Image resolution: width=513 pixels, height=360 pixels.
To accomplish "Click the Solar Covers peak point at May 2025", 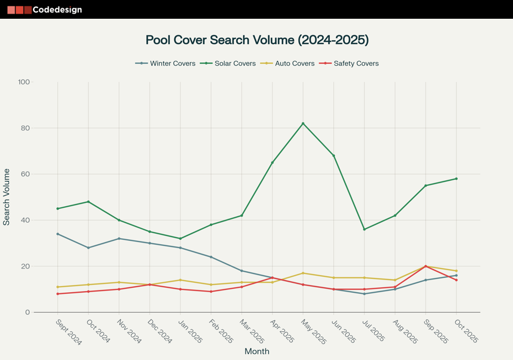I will tap(303, 123).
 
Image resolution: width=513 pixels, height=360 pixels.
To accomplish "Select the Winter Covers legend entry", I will tap(165, 63).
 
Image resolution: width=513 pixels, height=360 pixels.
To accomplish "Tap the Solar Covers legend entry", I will tap(228, 63).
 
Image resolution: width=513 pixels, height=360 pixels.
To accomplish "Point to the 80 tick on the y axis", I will tap(24, 128).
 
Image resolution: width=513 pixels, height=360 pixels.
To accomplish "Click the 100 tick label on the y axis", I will tap(24, 82).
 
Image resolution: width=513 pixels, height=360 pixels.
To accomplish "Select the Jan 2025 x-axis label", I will tap(190, 331).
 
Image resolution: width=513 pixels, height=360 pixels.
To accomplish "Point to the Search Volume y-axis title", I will tap(7, 197).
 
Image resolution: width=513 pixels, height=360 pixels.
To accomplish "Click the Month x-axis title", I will tap(257, 351).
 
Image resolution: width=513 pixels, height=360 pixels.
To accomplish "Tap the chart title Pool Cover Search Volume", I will tap(257, 40).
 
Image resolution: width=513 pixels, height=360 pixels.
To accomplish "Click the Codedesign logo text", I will tap(57, 9).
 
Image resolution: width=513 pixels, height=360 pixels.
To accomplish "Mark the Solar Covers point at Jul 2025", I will tap(364, 229).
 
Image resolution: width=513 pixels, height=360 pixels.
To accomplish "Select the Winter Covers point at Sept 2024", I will tap(58, 234).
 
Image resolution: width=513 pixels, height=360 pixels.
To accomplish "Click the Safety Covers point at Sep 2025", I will tap(426, 266).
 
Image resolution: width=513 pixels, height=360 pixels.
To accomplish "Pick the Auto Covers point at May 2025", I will tap(303, 273).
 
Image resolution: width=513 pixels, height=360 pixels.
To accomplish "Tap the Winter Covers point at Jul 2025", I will tap(364, 294).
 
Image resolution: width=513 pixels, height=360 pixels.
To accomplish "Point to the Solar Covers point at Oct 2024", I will tap(88, 202).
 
